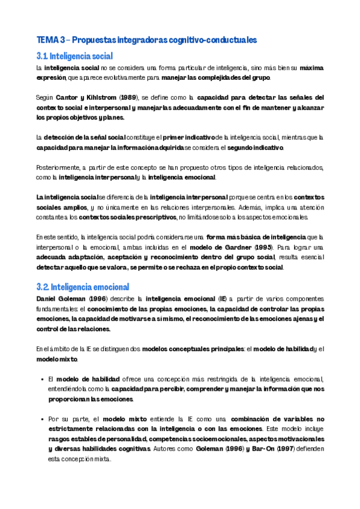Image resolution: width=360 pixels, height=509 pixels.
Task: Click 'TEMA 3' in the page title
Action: pos(49,40)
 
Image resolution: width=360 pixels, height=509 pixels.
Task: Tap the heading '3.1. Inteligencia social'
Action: pos(74,56)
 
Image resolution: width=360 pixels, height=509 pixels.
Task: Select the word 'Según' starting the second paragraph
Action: pos(44,97)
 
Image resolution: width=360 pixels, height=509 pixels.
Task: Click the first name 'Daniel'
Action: pos(48,298)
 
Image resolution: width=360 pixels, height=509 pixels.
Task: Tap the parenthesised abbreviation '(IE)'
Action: pos(223,298)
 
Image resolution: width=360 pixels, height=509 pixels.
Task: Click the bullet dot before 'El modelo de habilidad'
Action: pos(40,379)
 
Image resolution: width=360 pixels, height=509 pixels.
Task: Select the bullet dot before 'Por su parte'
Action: pos(40,420)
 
